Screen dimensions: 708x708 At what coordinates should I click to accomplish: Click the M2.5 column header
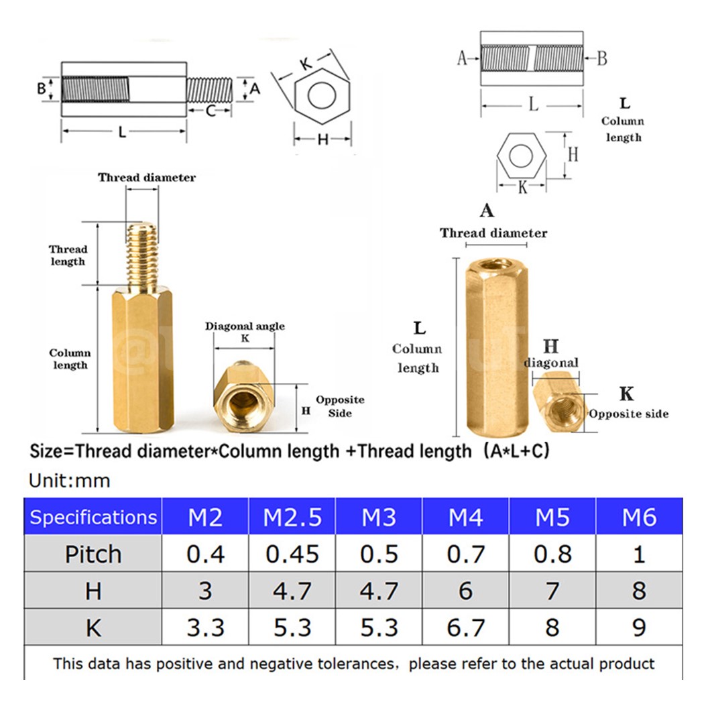pos(292,517)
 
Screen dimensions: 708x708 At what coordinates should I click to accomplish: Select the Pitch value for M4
pos(465,554)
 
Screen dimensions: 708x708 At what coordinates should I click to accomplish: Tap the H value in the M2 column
pos(205,591)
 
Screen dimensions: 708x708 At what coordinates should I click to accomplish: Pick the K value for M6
pos(638,627)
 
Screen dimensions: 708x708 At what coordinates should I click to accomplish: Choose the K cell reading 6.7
pos(465,627)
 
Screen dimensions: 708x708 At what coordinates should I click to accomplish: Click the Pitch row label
pos(93,554)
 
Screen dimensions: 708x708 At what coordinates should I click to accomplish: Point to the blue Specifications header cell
pos(93,517)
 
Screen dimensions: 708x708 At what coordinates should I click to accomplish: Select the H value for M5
pos(552,591)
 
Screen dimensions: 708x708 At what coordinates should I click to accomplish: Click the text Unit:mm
pos(70,481)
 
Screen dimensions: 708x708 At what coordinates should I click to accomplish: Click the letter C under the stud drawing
pos(210,111)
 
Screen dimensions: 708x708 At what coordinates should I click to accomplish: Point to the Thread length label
pos(68,255)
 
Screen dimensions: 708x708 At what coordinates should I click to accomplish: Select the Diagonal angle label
pos(245,327)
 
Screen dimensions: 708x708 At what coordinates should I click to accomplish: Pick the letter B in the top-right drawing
pos(601,58)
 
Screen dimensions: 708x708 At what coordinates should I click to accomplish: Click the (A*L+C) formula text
pos(515,451)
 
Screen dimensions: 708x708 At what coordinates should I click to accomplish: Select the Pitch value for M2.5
pos(292,554)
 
